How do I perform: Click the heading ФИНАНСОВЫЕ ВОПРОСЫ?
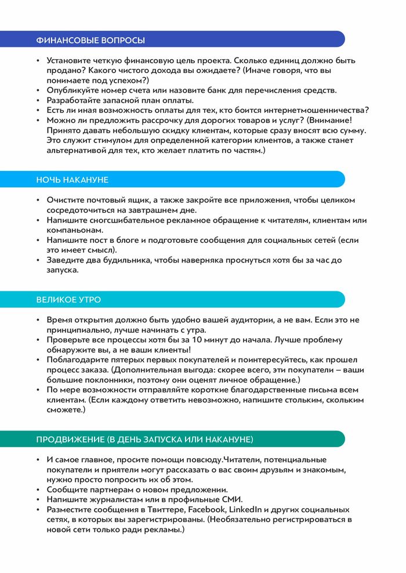pyautogui.click(x=90, y=40)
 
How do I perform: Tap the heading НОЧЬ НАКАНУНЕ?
pyautogui.click(x=72, y=180)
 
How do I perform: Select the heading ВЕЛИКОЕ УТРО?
pyautogui.click(x=68, y=300)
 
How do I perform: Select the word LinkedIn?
pyautogui.click(x=247, y=509)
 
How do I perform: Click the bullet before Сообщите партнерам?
pyautogui.click(x=38, y=490)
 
